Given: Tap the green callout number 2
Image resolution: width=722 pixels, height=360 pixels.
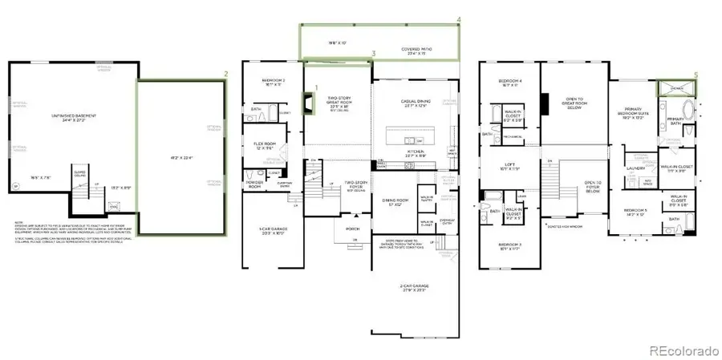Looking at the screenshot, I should click(x=226, y=74).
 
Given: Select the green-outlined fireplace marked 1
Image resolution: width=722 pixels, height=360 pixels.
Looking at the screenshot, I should click(x=307, y=102).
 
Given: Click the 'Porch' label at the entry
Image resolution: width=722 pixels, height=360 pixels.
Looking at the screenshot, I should click(x=352, y=228).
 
